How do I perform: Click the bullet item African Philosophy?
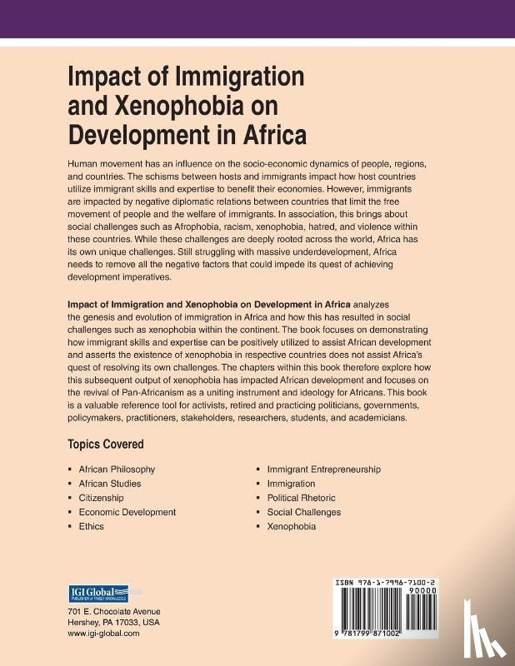click(x=117, y=470)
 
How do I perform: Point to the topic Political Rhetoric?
click(x=301, y=498)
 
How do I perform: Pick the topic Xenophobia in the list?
click(x=291, y=526)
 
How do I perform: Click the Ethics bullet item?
click(x=91, y=526)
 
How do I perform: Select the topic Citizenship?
click(x=101, y=498)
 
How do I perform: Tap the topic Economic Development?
click(x=127, y=512)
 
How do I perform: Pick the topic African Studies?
click(x=110, y=484)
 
